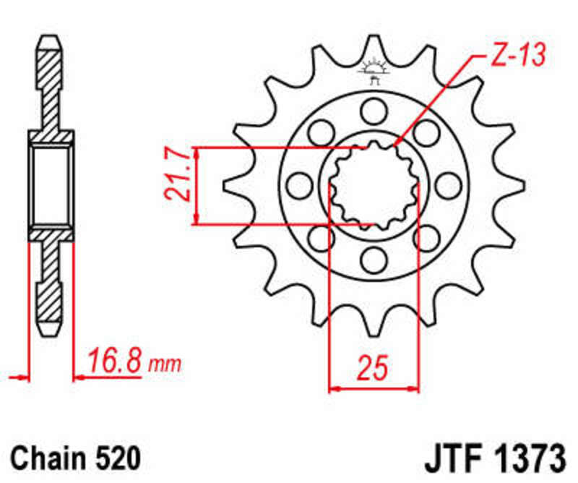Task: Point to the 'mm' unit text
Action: (165, 362)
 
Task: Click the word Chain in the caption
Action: (47, 459)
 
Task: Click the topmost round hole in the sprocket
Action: (373, 110)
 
